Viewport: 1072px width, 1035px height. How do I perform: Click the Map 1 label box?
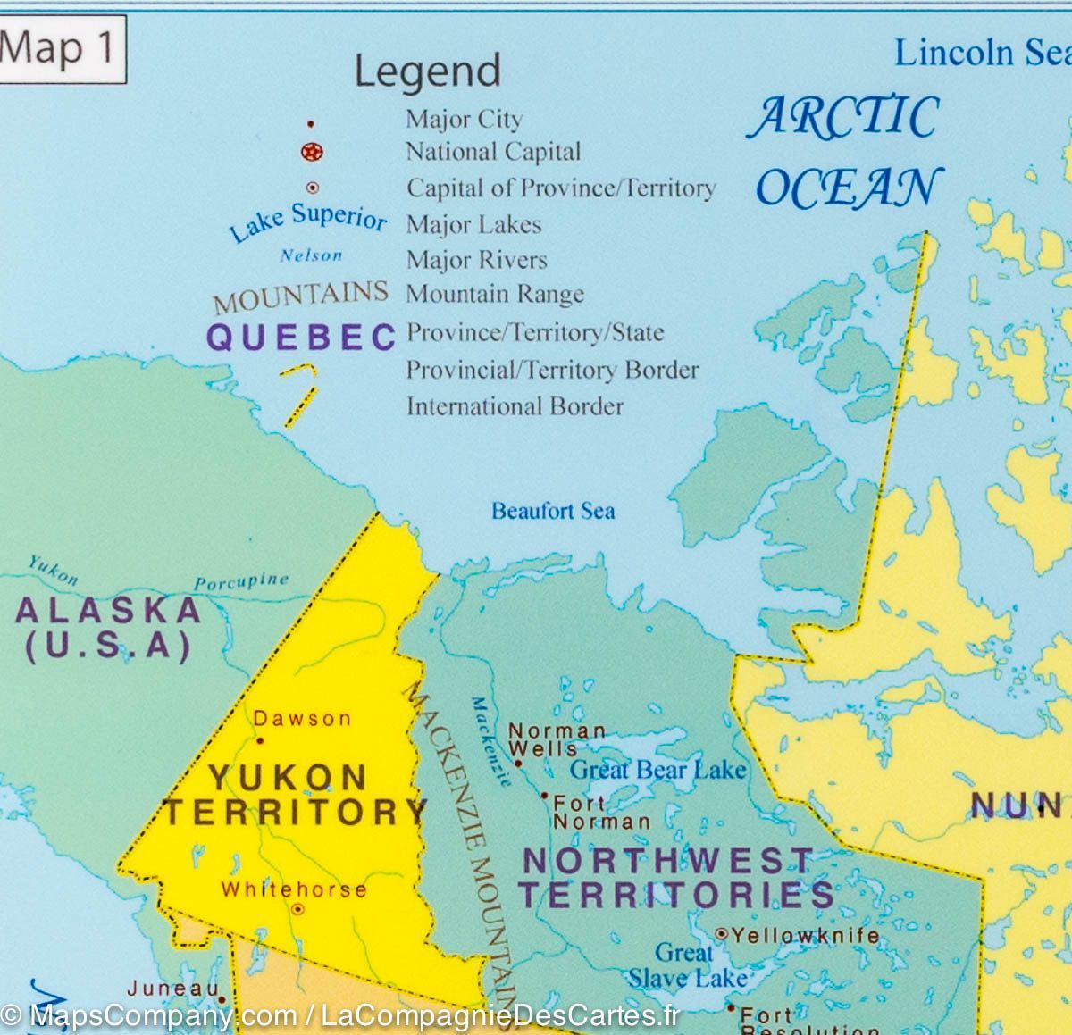tap(60, 49)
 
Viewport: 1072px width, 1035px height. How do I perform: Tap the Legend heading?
tap(427, 71)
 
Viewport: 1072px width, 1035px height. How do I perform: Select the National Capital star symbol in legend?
tap(312, 153)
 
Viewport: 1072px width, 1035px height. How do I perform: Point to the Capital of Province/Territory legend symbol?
tap(313, 188)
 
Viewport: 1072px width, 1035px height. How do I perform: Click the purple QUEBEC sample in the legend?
tap(301, 337)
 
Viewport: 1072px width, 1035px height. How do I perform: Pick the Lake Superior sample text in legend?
tap(308, 222)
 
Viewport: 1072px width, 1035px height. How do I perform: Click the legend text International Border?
tap(515, 406)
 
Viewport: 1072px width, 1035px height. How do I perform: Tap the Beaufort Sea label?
tap(553, 511)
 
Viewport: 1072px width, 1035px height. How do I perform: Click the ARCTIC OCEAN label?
tap(845, 152)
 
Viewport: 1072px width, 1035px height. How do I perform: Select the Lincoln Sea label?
tap(981, 53)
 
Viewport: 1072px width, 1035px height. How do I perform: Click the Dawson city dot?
tap(260, 740)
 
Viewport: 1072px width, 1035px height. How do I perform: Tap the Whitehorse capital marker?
tap(297, 909)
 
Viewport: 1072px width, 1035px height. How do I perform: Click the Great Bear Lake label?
tap(657, 769)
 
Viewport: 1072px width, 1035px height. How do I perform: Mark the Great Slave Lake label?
tap(686, 964)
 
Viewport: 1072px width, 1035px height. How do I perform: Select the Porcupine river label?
tap(241, 581)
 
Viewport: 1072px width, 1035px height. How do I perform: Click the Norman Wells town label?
tap(557, 739)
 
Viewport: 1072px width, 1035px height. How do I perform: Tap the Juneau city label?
tap(172, 989)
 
